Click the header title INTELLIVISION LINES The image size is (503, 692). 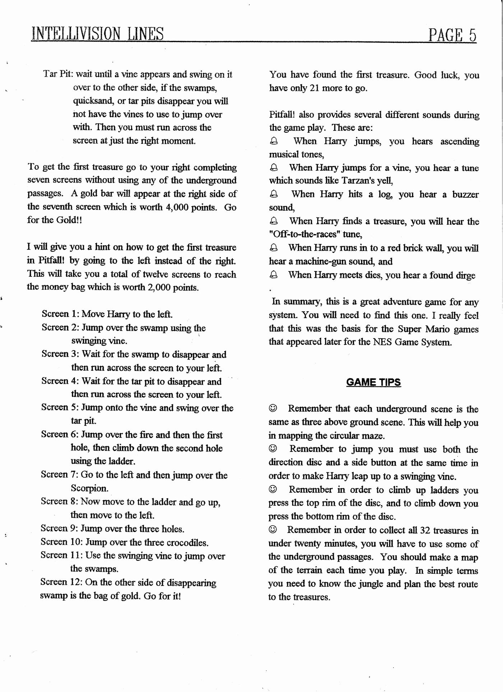click(97, 34)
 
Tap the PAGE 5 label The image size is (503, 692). click(452, 35)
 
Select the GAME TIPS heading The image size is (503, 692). click(373, 382)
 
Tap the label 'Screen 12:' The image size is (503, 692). click(61, 582)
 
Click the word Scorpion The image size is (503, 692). click(89, 488)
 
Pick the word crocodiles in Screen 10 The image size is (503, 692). click(186, 542)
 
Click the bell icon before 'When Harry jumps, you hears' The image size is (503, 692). click(274, 141)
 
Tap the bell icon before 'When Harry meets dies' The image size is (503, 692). click(273, 275)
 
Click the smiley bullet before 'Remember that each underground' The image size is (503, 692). click(273, 408)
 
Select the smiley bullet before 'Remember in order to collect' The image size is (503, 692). click(273, 530)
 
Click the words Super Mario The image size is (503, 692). click(418, 329)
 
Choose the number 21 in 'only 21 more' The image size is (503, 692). click(314, 88)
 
